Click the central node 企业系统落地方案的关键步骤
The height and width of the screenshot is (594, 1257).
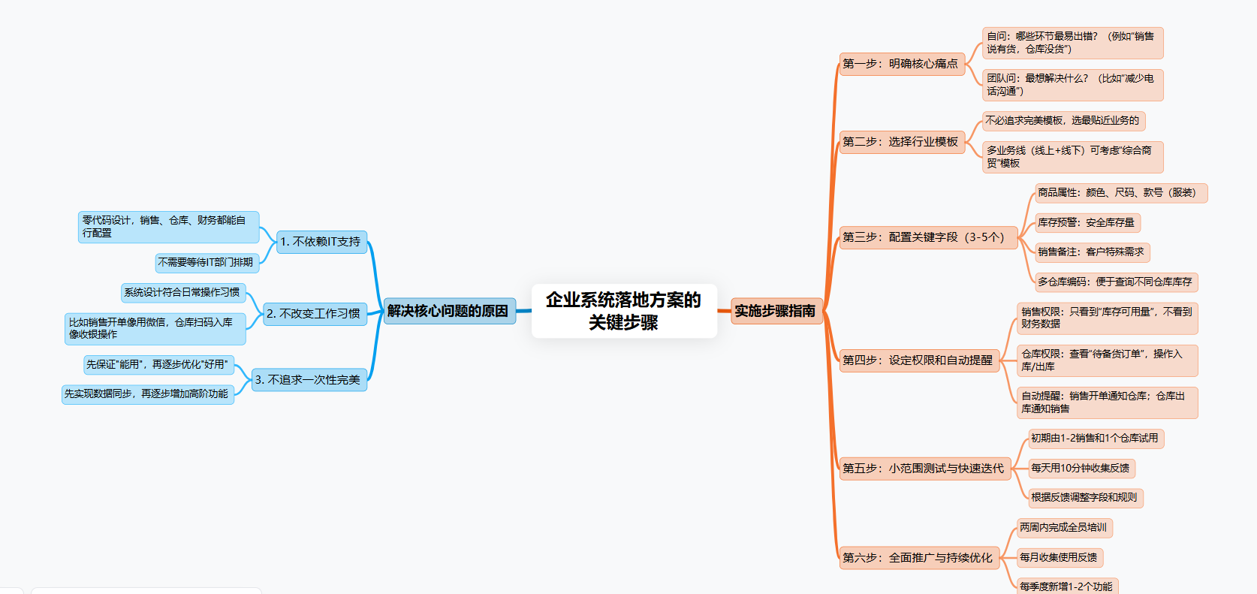tap(624, 311)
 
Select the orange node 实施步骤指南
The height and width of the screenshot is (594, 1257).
tap(776, 311)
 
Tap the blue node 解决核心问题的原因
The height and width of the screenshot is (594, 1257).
tap(448, 311)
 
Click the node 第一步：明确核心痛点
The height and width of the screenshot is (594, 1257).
tap(900, 64)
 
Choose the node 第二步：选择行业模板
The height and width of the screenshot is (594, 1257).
tap(900, 142)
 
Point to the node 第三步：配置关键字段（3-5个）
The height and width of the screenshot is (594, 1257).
tap(923, 237)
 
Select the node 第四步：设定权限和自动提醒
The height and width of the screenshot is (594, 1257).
tap(918, 360)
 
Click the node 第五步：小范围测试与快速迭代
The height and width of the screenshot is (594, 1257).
tap(923, 469)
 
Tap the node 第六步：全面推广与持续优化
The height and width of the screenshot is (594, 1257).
tap(918, 558)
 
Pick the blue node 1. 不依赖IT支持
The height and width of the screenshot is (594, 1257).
tap(321, 242)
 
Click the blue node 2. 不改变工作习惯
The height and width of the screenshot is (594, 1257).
tap(314, 314)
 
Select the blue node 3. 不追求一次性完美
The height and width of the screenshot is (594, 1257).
tap(308, 380)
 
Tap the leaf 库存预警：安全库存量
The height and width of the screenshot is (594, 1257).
tap(1086, 223)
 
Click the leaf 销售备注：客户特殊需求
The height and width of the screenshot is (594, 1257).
tap(1090, 252)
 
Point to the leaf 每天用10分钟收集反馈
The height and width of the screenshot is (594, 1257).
tap(1080, 469)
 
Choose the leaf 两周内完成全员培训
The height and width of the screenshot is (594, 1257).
tap(1063, 528)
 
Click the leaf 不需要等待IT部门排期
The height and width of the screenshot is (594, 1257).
tap(206, 263)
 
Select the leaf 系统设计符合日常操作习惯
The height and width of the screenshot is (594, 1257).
tap(182, 293)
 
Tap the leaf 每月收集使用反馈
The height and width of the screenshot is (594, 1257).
tap(1059, 558)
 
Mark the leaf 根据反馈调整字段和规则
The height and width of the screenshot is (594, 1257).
tap(1084, 498)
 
